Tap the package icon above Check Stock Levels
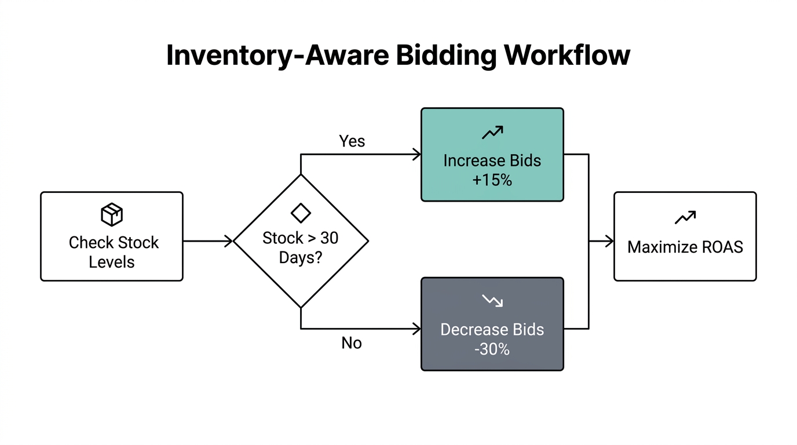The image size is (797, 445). click(x=112, y=214)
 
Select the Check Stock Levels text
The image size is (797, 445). click(x=113, y=252)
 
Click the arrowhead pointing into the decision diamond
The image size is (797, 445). click(x=229, y=240)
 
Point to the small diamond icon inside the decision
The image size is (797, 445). click(x=301, y=213)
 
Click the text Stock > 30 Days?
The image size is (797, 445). click(x=301, y=247)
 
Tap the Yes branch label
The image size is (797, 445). click(x=352, y=141)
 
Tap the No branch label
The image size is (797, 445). click(x=352, y=343)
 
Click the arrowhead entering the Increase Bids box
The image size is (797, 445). click(x=416, y=154)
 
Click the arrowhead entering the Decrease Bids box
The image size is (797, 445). click(x=416, y=329)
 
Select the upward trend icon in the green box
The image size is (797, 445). click(x=492, y=133)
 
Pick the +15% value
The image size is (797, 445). click(x=492, y=180)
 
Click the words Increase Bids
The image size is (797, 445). click(x=492, y=161)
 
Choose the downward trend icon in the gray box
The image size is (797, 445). click(x=492, y=301)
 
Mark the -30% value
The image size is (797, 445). click(x=492, y=349)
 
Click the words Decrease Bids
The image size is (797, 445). click(x=492, y=330)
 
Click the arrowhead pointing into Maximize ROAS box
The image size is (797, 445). click(x=609, y=241)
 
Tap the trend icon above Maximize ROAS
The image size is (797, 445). click(x=685, y=218)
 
